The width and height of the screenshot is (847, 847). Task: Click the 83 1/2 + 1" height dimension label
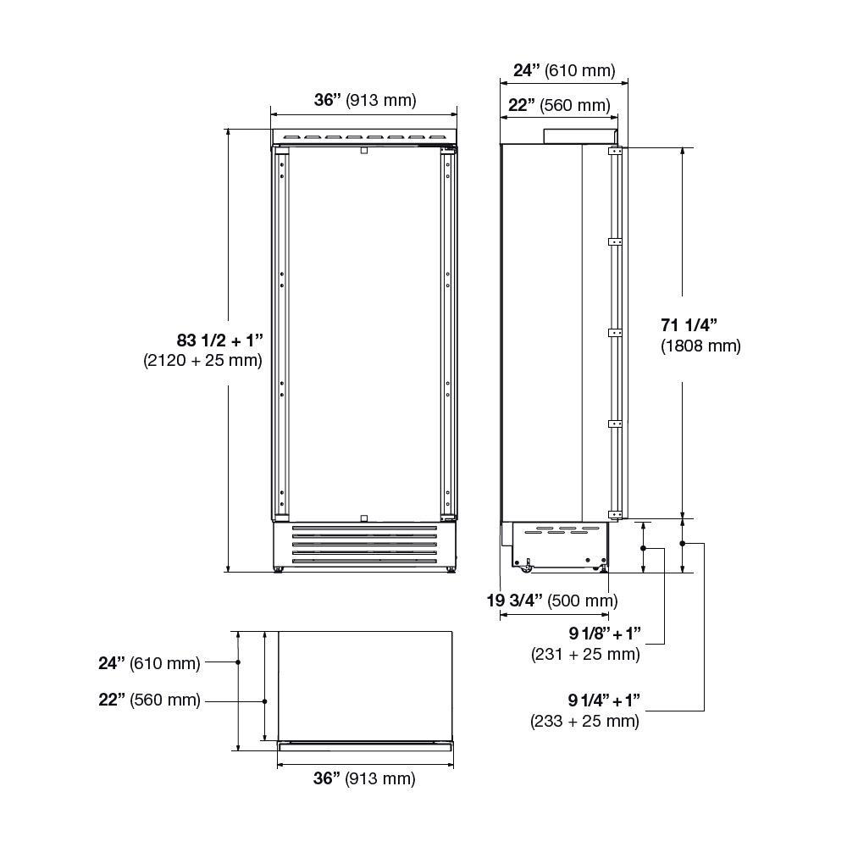pyautogui.click(x=220, y=340)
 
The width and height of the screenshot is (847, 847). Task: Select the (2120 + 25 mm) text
pyautogui.click(x=203, y=360)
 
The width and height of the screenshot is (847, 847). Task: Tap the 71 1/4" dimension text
pyautogui.click(x=689, y=324)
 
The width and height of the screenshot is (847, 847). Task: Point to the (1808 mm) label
pyautogui.click(x=700, y=346)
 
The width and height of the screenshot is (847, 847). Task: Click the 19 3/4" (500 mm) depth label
pyautogui.click(x=551, y=601)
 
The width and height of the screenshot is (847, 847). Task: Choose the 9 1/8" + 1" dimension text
pyautogui.click(x=604, y=633)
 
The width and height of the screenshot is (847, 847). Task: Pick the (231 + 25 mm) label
pyautogui.click(x=585, y=654)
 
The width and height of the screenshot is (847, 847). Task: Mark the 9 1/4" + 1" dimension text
pyautogui.click(x=604, y=700)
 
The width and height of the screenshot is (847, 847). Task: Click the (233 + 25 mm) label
pyautogui.click(x=584, y=721)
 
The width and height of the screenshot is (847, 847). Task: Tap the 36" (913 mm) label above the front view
pyautogui.click(x=365, y=100)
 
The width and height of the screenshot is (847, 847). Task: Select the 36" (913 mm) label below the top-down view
pyautogui.click(x=364, y=778)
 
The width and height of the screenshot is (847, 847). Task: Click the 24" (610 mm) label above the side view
pyautogui.click(x=564, y=70)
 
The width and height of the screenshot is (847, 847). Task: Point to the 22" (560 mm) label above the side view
pyautogui.click(x=559, y=105)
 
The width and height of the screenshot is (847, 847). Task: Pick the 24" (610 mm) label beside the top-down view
pyautogui.click(x=149, y=663)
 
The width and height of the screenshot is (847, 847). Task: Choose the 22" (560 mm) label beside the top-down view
pyautogui.click(x=149, y=700)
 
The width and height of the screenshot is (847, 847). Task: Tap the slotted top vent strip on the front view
pyautogui.click(x=364, y=136)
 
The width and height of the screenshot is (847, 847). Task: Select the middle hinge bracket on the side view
pyautogui.click(x=616, y=333)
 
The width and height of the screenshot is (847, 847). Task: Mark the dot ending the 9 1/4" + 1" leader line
pyautogui.click(x=684, y=543)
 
